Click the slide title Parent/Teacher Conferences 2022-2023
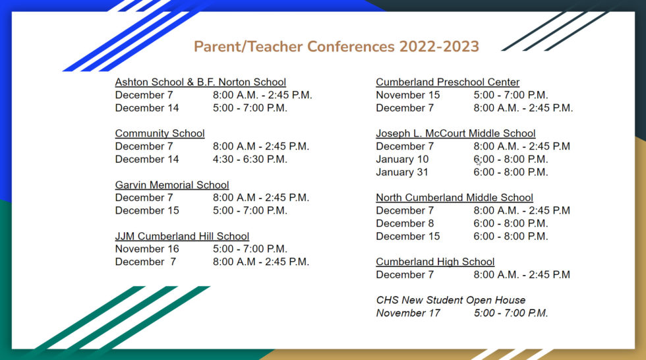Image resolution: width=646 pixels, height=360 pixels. tap(336, 47)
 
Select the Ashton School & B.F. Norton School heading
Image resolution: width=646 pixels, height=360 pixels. tap(200, 82)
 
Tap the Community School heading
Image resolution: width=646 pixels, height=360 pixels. tap(160, 134)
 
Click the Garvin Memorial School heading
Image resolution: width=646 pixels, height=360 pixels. tap(172, 185)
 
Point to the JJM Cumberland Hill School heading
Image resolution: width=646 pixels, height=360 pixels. tap(182, 237)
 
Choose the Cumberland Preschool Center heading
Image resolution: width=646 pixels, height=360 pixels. tap(448, 82)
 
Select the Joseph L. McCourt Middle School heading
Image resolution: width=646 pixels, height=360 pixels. tap(455, 134)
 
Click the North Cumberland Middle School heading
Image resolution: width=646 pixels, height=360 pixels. tap(454, 198)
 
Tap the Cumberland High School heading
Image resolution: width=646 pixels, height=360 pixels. tap(435, 262)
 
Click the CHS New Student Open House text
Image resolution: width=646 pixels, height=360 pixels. tap(451, 301)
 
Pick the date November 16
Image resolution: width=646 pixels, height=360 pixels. tap(147, 249)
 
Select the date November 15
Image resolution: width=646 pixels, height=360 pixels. tap(408, 96)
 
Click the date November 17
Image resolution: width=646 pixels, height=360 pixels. tap(408, 313)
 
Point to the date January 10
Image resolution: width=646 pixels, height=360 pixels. tap(402, 160)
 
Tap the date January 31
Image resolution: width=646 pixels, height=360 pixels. tap(402, 173)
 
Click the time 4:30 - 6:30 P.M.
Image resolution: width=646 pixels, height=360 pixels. tap(250, 160)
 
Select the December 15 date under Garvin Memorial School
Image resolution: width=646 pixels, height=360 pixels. tap(147, 211)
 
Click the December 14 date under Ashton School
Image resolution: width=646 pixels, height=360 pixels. tap(147, 108)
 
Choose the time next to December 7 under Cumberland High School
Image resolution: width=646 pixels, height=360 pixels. tap(521, 275)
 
